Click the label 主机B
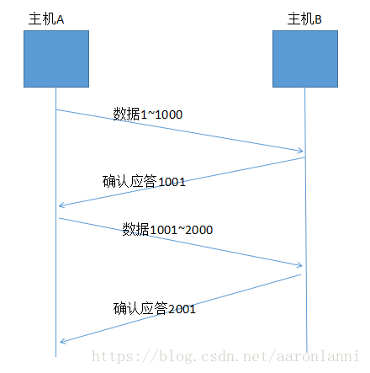tap(304, 18)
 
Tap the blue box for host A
tap(56, 60)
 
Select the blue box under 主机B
tap(305, 60)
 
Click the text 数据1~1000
tap(147, 114)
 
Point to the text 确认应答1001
tap(144, 180)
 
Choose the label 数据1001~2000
tap(168, 228)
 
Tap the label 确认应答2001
tap(155, 309)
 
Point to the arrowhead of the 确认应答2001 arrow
tap(60, 342)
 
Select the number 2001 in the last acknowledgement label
tap(182, 309)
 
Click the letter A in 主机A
tap(61, 19)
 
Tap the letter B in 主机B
tap(319, 19)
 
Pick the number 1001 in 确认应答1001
tap(171, 180)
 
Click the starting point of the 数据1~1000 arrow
tap(57, 109)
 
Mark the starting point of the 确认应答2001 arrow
tap(301, 275)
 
